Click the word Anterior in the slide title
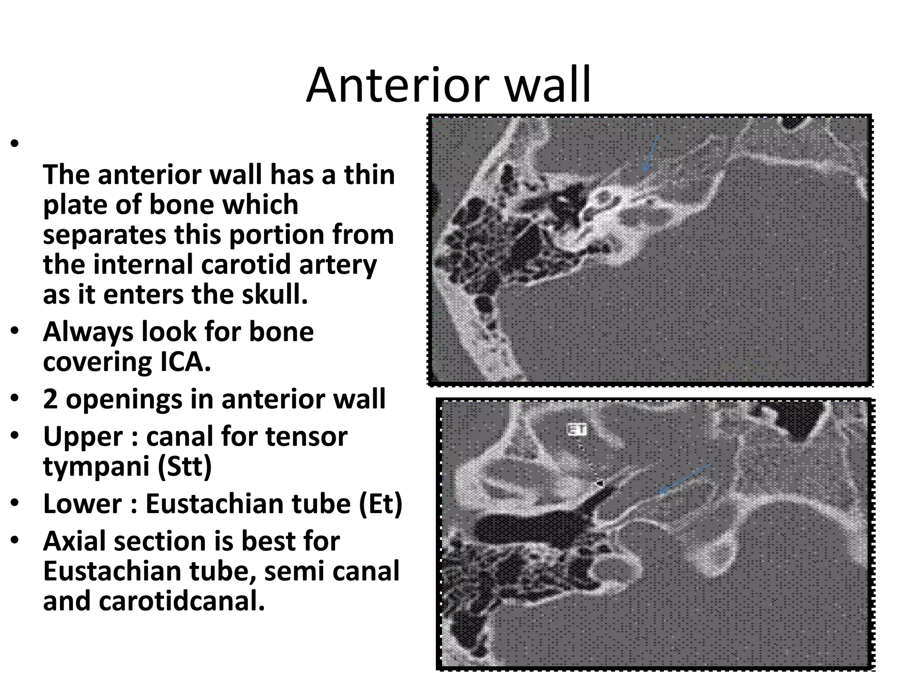[397, 85]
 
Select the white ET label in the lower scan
[577, 429]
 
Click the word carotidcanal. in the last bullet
[182, 601]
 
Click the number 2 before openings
[50, 399]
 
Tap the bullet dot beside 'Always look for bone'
[15, 331]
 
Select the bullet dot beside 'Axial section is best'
[15, 540]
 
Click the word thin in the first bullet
[369, 174]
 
